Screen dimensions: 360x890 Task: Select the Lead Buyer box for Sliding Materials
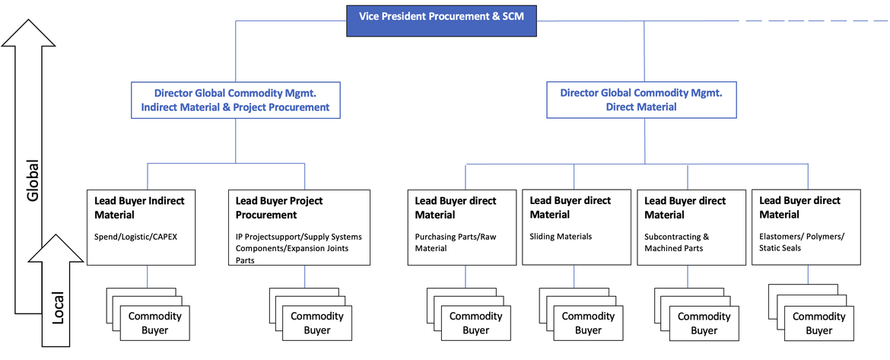(x=574, y=227)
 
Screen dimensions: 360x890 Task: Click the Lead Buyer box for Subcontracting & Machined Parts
(x=688, y=227)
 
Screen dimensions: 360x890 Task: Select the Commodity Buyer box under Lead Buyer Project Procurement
(x=317, y=323)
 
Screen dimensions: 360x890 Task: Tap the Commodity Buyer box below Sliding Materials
(x=587, y=323)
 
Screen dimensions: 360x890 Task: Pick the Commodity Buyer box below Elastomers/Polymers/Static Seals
(x=818, y=323)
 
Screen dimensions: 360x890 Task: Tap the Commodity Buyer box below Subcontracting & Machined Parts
(x=704, y=323)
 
